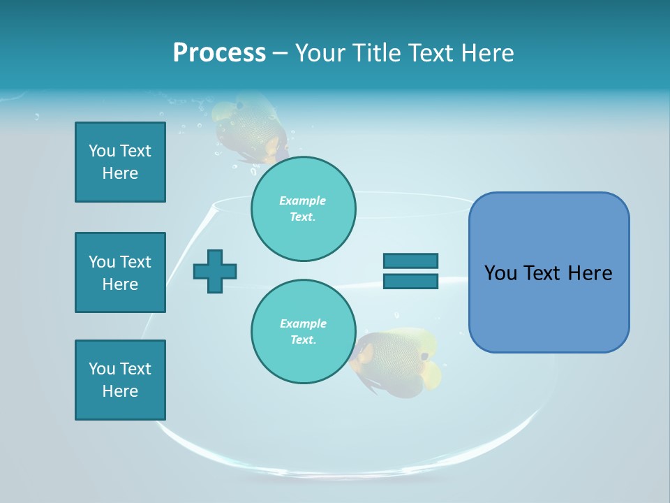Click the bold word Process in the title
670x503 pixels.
(219, 53)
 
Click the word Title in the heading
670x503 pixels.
(376, 53)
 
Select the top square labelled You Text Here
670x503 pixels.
(120, 162)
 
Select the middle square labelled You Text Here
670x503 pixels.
(120, 272)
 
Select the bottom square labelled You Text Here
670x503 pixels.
(120, 380)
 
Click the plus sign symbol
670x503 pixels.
(215, 271)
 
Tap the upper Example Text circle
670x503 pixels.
(303, 209)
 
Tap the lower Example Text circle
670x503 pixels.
(303, 332)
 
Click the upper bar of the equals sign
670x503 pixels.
(410, 261)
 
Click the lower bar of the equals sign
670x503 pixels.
(410, 282)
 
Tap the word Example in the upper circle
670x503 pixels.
(303, 201)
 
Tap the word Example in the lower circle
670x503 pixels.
(303, 324)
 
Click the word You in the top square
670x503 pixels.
(100, 151)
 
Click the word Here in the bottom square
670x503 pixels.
(120, 391)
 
